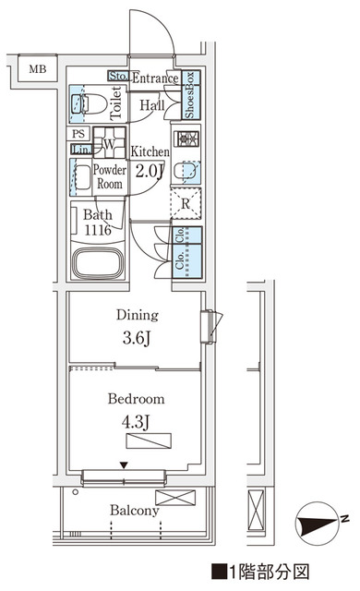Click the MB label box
[37, 69]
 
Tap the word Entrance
[154, 78]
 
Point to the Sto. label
[118, 77]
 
